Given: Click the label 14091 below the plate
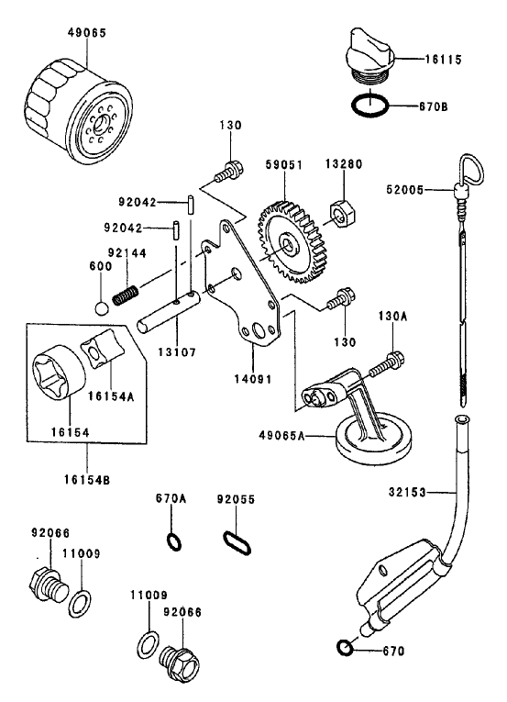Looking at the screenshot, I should [252, 376].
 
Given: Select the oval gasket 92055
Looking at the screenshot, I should [236, 538].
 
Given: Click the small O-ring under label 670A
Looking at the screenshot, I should [172, 540].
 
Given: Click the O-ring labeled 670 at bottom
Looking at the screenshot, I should [344, 649].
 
